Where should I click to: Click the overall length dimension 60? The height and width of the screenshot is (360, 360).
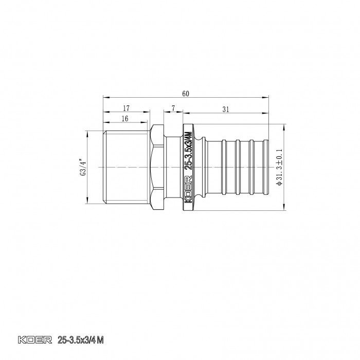(186, 94)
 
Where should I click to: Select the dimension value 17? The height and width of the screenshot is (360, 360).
(126, 109)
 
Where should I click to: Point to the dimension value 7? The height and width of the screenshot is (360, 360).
(174, 109)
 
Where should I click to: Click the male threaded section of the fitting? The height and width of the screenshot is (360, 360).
(126, 167)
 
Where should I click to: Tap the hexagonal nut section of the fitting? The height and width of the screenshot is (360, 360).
(157, 167)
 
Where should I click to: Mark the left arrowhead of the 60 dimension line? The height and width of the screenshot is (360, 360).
(105, 97)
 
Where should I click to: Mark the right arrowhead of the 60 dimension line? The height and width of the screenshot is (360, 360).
(268, 97)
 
